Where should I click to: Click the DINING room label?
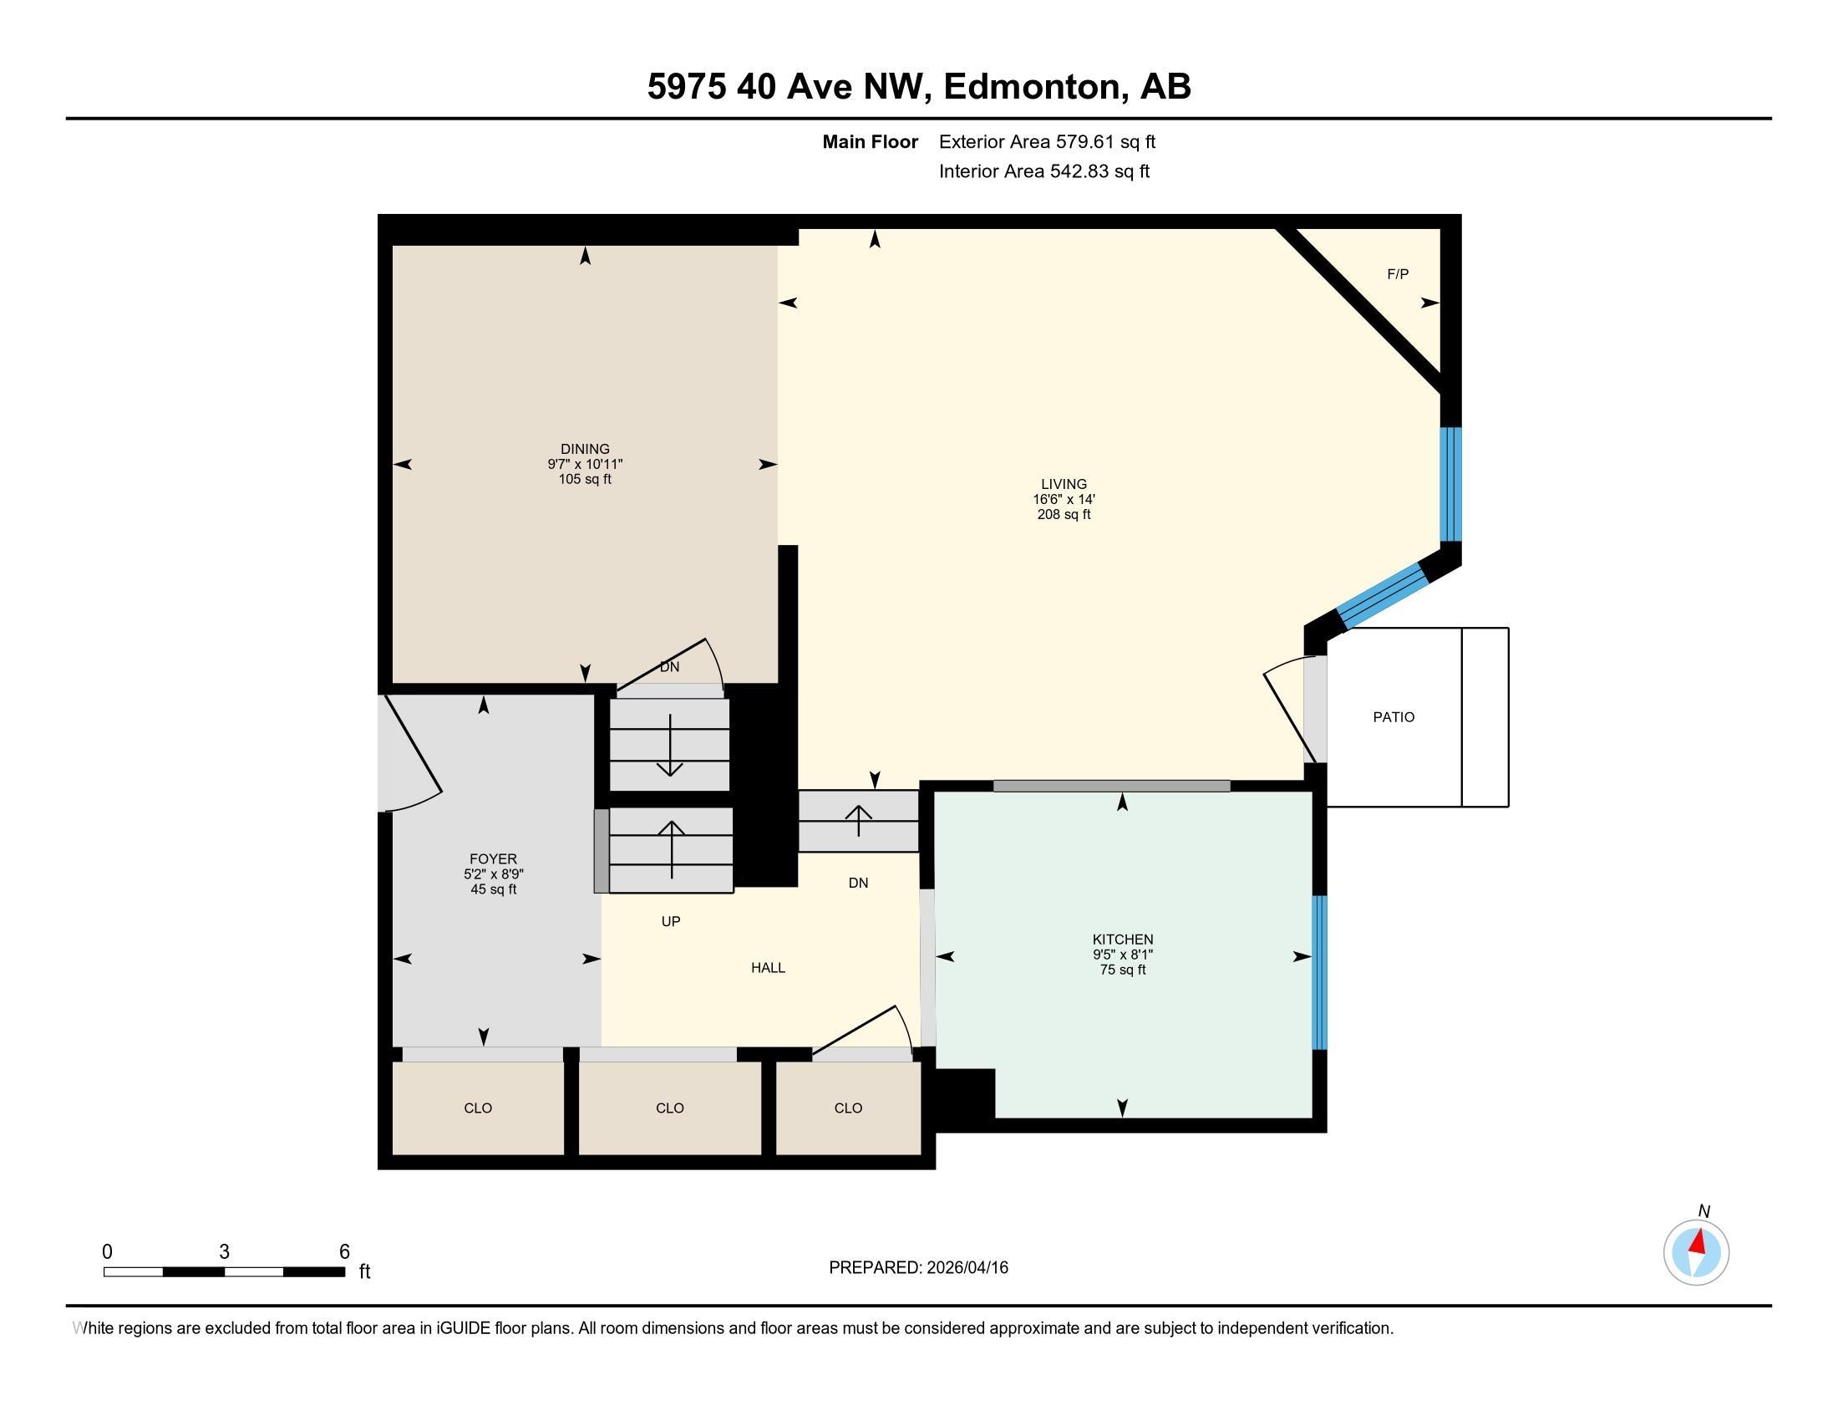point(585,449)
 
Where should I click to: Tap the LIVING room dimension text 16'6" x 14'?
point(1064,499)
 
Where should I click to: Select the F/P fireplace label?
point(1397,274)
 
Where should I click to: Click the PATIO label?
point(1394,717)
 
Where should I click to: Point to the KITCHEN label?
point(1123,940)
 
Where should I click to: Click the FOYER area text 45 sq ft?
point(493,890)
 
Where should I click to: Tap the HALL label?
point(768,968)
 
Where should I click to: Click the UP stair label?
point(671,922)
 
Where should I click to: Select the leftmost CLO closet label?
point(478,1108)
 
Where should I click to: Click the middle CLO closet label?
point(670,1108)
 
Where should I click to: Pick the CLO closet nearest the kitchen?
point(848,1108)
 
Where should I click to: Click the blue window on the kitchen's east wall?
point(1319,972)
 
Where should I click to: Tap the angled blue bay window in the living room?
point(1383,595)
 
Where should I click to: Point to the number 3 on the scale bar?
point(224,1252)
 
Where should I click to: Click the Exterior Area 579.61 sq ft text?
point(1047,142)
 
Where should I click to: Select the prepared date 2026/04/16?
point(966,1268)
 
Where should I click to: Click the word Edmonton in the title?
point(1035,87)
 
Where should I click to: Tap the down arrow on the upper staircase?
point(670,746)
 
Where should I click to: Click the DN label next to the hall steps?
point(857,883)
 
